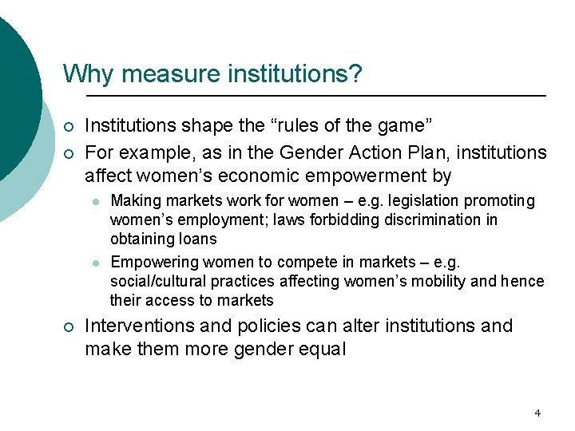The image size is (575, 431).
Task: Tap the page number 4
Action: point(537,413)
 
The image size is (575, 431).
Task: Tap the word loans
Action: point(196,239)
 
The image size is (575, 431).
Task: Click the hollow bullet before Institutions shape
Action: point(69,127)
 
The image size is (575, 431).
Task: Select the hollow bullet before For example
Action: point(69,152)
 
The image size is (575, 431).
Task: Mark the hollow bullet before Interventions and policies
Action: point(69,326)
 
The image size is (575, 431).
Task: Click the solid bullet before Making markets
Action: point(96,201)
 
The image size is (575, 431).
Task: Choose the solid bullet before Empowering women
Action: point(96,263)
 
